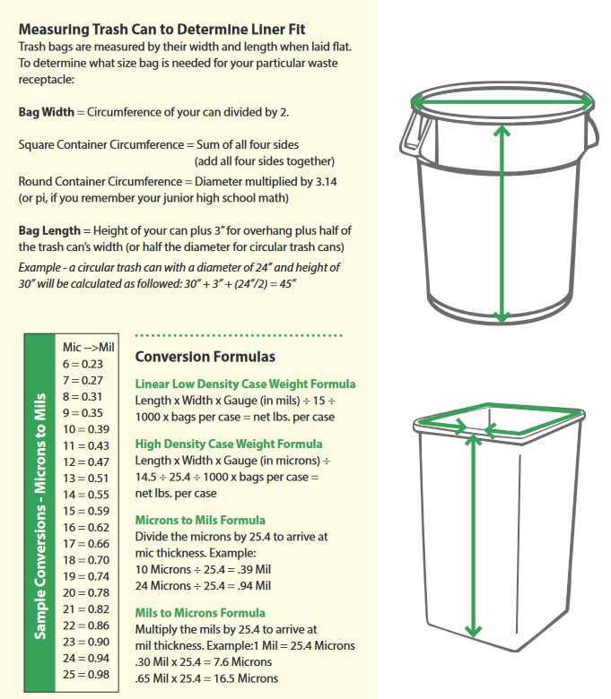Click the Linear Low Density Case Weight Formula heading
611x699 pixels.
pyautogui.click(x=244, y=384)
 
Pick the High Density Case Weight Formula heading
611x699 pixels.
pyautogui.click(x=228, y=444)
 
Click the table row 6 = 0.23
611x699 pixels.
pyautogui.click(x=83, y=364)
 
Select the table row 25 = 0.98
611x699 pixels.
pyautogui.click(x=86, y=674)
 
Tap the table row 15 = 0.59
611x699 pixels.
pyautogui.click(x=86, y=511)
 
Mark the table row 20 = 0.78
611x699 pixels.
pyautogui.click(x=86, y=592)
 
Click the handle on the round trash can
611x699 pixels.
pyautogui.click(x=414, y=131)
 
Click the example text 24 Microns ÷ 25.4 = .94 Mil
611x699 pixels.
pyautogui.click(x=203, y=585)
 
